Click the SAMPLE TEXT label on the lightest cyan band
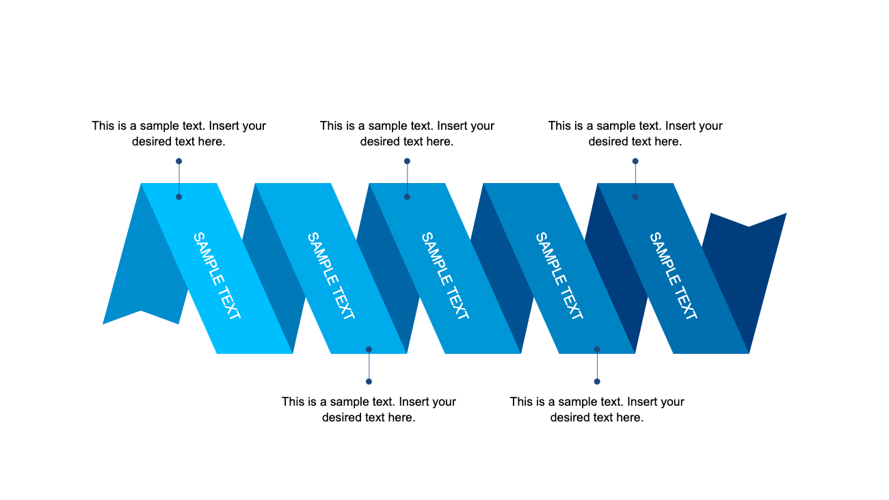217,276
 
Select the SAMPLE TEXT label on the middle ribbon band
445,276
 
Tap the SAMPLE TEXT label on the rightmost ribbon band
674,276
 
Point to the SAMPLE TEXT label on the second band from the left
331,276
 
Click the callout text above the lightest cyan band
178,134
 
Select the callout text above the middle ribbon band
407,134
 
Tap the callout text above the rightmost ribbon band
635,134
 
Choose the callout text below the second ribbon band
369,409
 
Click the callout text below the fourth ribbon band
597,409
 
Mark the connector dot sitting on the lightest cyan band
178,197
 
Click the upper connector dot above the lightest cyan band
178,161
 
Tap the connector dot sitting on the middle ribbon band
407,197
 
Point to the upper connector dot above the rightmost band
635,161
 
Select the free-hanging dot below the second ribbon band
369,381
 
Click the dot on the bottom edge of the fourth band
597,349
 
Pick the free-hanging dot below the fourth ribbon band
597,381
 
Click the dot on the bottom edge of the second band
369,349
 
